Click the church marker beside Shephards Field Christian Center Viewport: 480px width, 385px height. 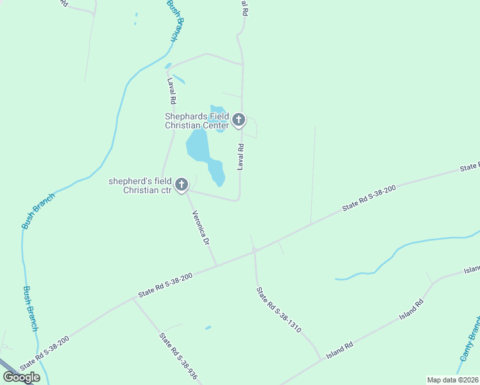[239, 119]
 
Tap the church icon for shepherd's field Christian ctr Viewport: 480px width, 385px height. [182, 185]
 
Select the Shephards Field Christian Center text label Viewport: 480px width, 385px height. [197, 121]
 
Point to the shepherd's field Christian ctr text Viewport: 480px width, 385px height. [140, 186]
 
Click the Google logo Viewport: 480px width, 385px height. [22, 377]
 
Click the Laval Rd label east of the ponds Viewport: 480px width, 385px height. [241, 157]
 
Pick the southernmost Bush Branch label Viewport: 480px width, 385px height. [31, 309]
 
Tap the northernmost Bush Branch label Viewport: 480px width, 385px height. [176, 21]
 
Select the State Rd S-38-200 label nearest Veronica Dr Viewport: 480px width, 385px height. [166, 285]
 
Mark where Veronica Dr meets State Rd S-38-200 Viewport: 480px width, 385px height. [217, 265]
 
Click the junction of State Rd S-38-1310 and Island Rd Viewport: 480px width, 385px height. [321, 359]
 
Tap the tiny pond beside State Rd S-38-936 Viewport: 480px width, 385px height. [208, 328]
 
